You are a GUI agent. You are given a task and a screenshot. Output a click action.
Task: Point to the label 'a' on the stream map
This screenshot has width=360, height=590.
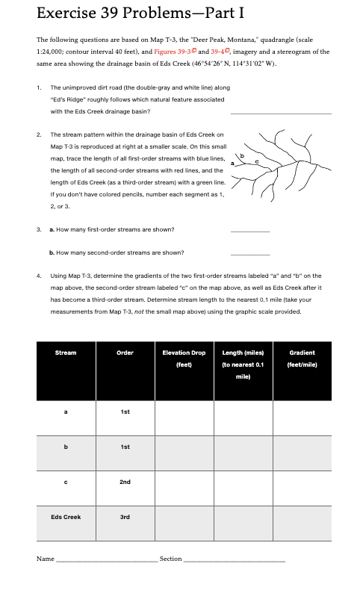232,162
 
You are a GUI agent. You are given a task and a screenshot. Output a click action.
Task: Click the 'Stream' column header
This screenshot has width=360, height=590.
65,353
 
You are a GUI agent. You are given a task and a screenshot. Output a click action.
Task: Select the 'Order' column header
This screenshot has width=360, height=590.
124,353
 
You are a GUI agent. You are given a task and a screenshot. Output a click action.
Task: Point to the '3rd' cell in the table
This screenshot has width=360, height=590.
124,517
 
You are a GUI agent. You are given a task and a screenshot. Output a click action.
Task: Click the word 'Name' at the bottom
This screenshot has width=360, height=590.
46,559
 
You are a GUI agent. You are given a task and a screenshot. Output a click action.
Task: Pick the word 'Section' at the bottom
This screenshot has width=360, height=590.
171,559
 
